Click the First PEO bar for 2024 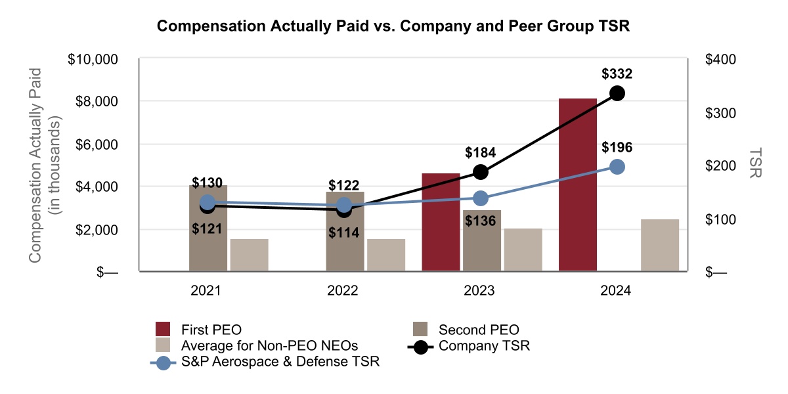pos(578,184)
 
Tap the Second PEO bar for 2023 pos(481,240)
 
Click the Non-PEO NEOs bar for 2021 pos(249,255)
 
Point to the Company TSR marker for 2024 pos(617,93)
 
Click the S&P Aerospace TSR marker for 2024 pos(617,167)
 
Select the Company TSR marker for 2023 pos(481,172)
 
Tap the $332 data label pos(617,74)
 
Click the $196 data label pos(617,147)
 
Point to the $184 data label pos(480,153)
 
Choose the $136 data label pos(480,221)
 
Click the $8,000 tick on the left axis pos(93,101)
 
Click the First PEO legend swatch pos(163,329)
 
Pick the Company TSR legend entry pos(484,345)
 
